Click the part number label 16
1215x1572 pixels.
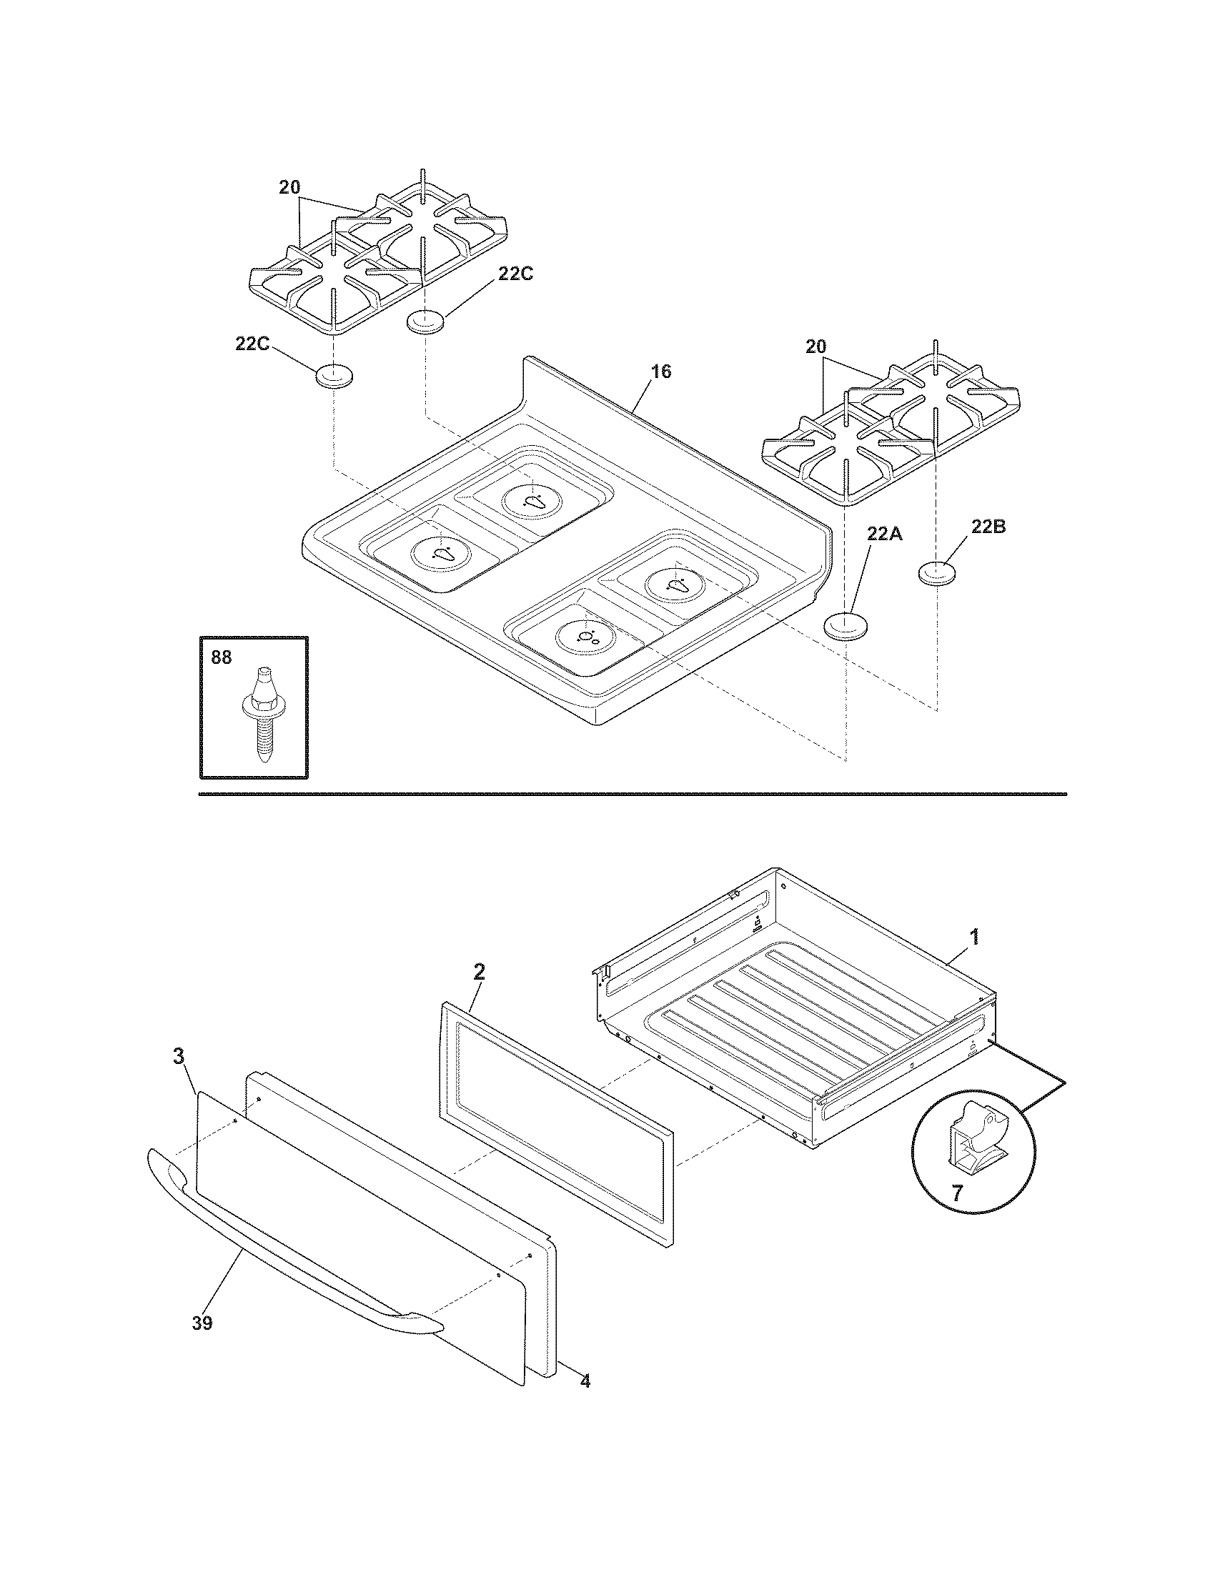(x=661, y=372)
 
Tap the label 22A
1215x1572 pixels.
(x=884, y=534)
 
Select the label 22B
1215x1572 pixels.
(x=988, y=527)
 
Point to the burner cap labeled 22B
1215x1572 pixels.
(x=939, y=574)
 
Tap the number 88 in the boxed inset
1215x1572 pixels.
(x=222, y=657)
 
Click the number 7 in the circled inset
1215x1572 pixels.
(x=956, y=1193)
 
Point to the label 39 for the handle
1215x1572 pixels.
(x=202, y=1323)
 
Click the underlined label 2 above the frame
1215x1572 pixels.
(x=479, y=972)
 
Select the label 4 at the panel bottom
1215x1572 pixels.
(x=585, y=1381)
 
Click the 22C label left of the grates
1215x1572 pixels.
(x=252, y=344)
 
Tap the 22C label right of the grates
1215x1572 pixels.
(x=515, y=274)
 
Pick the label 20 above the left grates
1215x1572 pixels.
(x=289, y=187)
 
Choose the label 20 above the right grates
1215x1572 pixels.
(x=815, y=347)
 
